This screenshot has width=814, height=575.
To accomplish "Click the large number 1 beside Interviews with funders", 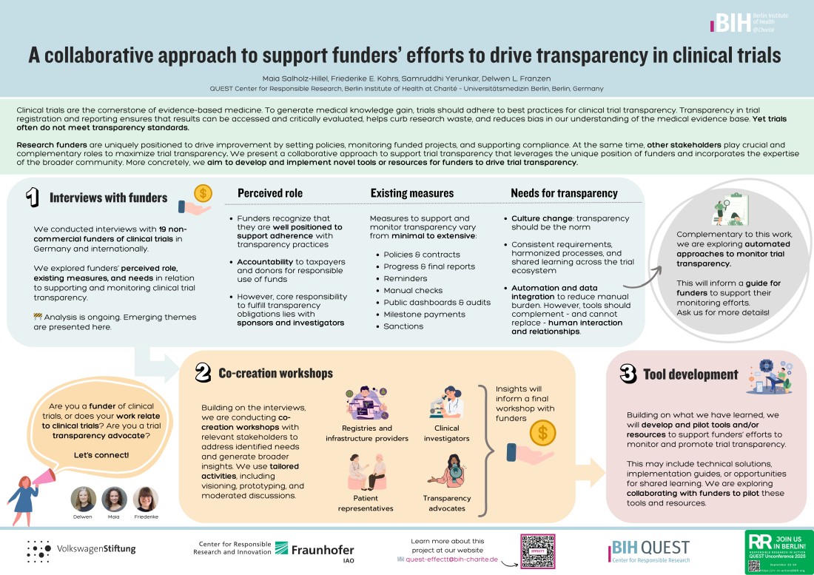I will point(32,198).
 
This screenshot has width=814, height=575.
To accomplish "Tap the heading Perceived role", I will point(269,193).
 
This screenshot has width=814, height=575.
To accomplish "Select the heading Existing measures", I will point(411,193).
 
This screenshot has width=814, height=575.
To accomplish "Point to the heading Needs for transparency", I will point(564,193).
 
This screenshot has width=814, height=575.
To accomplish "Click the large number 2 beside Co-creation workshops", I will point(203,374).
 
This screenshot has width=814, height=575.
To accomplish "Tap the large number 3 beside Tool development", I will point(628,374).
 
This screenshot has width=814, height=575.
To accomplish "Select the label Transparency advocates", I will point(446,502).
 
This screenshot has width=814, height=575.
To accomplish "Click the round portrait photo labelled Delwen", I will point(84,500).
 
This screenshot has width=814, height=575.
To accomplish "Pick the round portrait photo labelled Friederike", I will point(146,500).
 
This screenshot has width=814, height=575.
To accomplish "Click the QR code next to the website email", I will point(537,551).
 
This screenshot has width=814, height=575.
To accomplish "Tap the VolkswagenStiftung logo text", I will point(96,549).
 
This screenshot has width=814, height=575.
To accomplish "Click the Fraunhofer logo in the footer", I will point(314,551).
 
